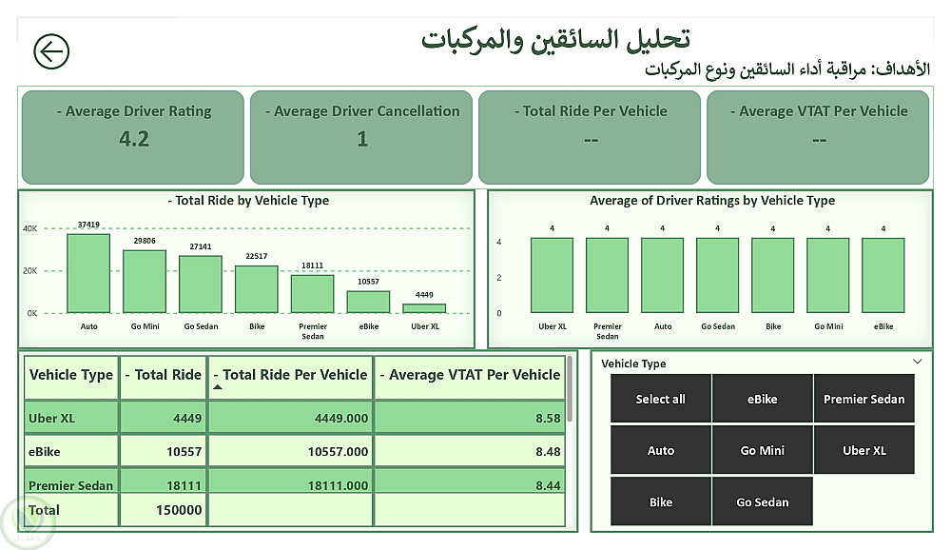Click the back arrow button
[51, 51]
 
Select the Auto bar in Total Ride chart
[88, 274]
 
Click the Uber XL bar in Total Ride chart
[424, 308]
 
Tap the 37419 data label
[87, 226]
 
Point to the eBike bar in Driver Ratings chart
[883, 275]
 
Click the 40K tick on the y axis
[30, 228]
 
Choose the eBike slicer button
[762, 399]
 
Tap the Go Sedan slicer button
[762, 501]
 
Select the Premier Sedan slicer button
[864, 399]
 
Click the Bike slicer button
[660, 501]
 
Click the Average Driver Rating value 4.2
[134, 139]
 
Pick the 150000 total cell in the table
[179, 510]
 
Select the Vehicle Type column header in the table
[71, 375]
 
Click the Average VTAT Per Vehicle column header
[470, 375]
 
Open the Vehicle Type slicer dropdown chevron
[917, 362]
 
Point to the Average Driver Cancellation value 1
[362, 139]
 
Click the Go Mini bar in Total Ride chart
[145, 282]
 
